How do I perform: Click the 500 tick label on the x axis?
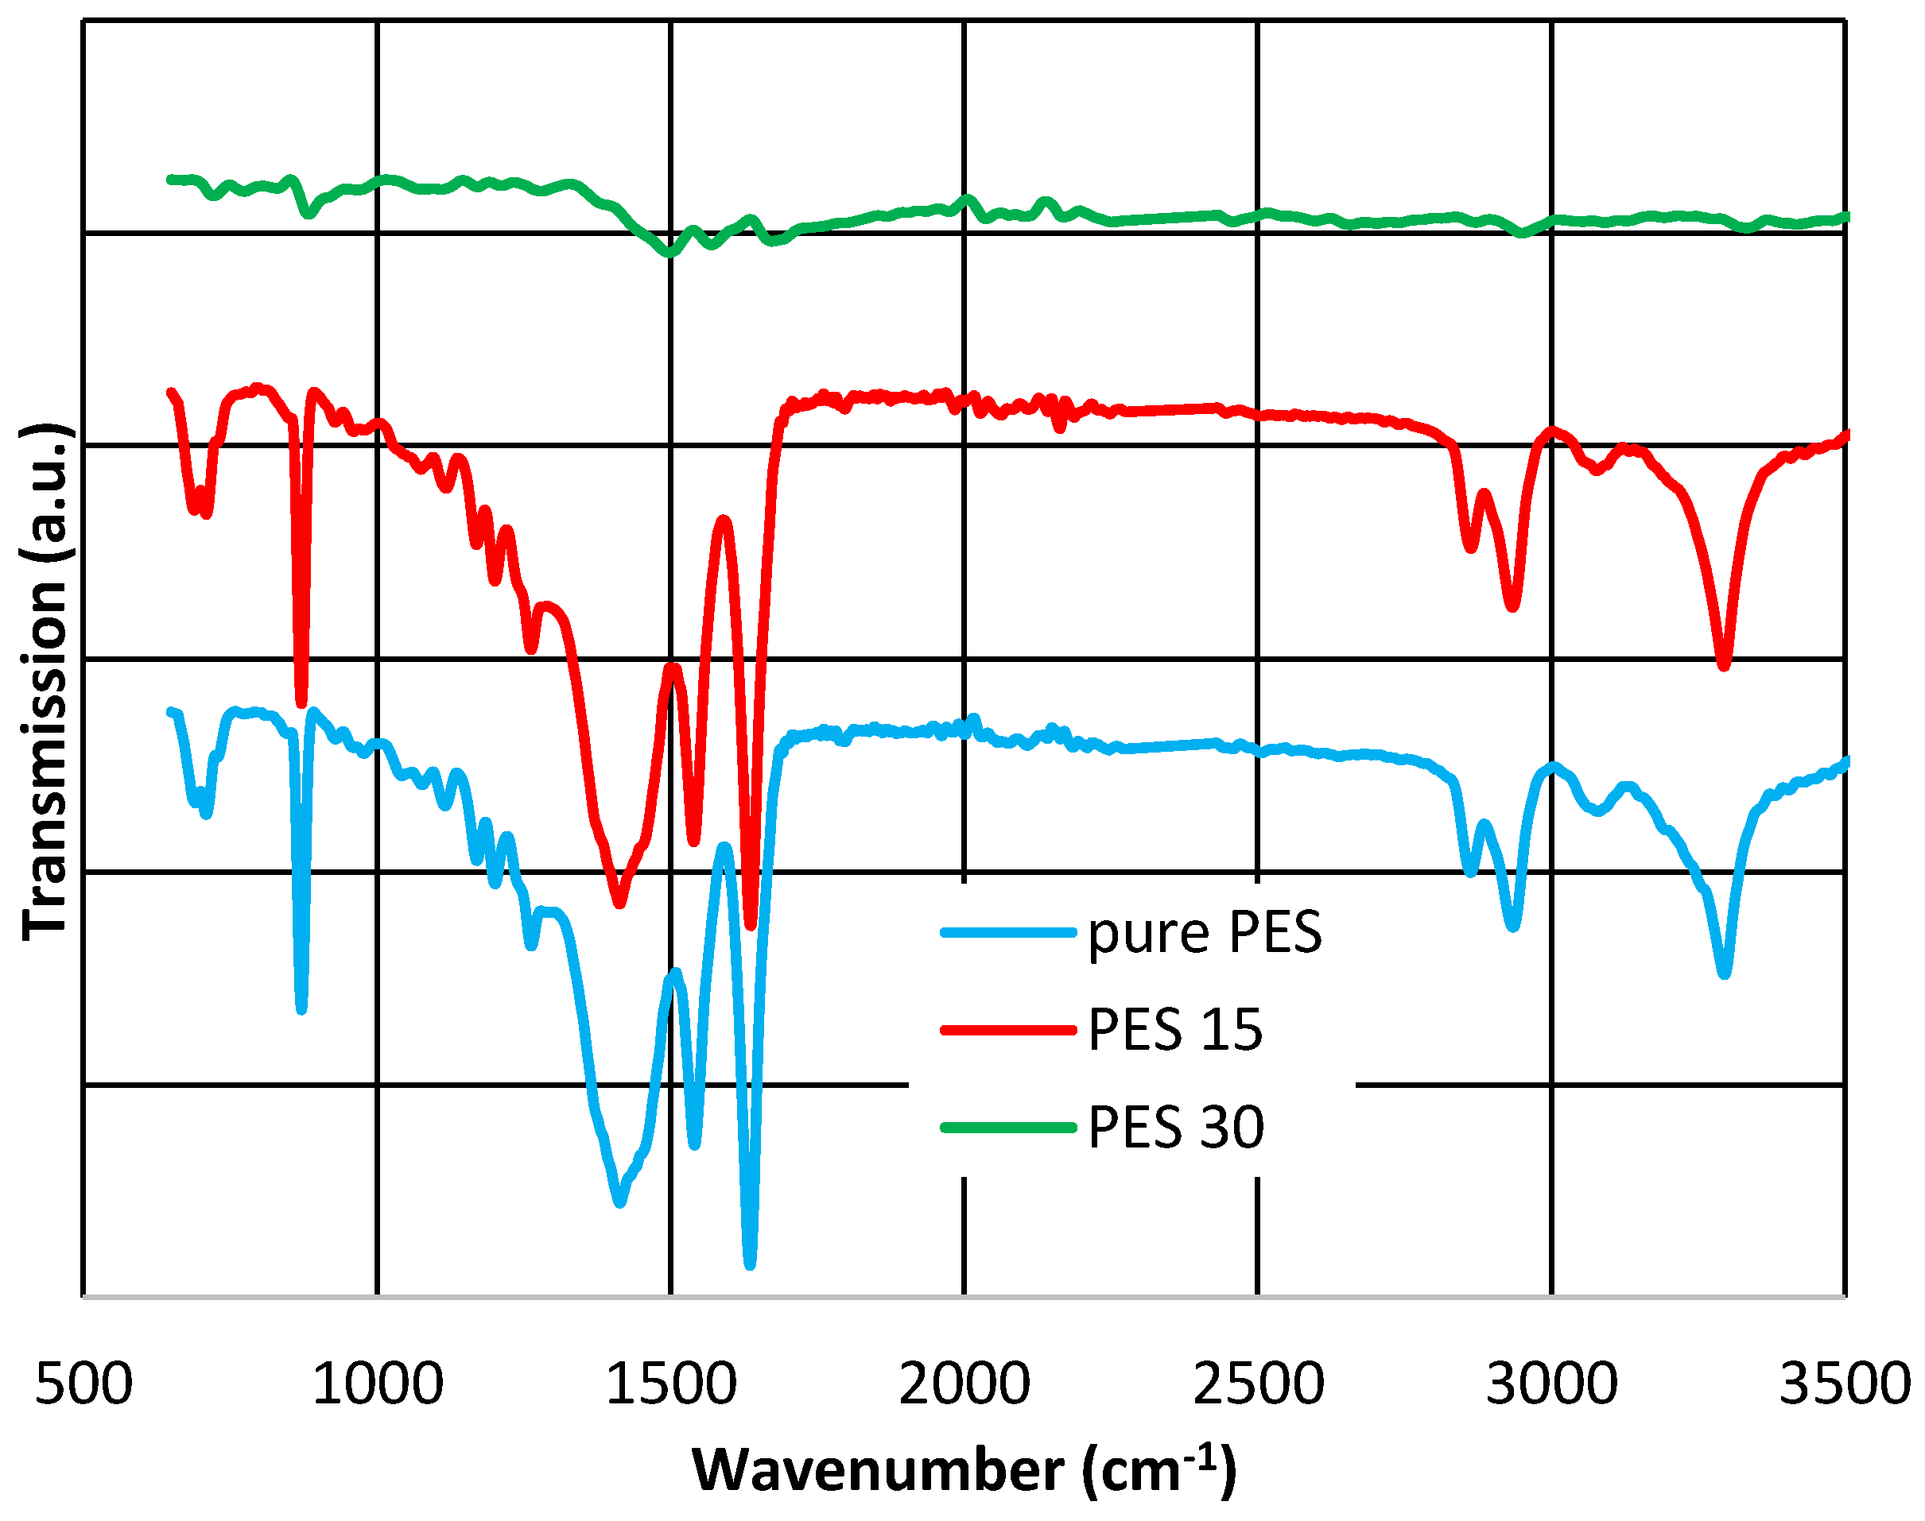(x=83, y=1384)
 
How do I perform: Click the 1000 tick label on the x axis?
(x=378, y=1384)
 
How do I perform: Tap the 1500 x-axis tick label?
(x=671, y=1384)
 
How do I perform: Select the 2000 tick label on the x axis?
(x=964, y=1384)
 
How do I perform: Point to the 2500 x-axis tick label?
(x=1258, y=1384)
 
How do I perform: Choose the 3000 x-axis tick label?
(x=1552, y=1384)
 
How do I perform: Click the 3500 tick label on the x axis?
(x=1844, y=1384)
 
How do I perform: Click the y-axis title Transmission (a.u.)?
(x=45, y=682)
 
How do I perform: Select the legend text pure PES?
(x=1205, y=933)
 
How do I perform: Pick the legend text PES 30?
(x=1176, y=1128)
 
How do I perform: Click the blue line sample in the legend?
(x=1008, y=933)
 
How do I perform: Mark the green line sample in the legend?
(x=1008, y=1128)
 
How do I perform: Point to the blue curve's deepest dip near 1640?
(x=750, y=1264)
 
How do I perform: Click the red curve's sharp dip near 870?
(x=301, y=702)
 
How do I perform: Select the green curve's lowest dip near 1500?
(x=668, y=253)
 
